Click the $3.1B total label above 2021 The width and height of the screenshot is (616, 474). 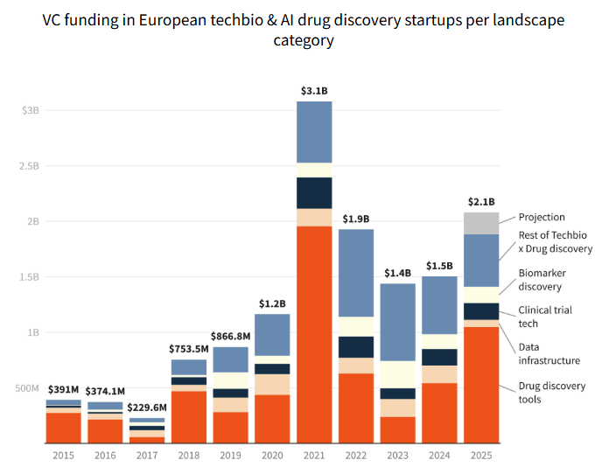(x=314, y=91)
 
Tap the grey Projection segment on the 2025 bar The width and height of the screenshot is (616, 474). (x=481, y=223)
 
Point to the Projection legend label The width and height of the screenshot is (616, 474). (x=542, y=217)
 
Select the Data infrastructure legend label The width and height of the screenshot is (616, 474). (x=549, y=353)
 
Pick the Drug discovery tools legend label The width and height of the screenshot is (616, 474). (x=552, y=393)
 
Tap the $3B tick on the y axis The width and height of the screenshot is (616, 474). (x=30, y=110)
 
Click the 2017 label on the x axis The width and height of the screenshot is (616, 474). (x=146, y=455)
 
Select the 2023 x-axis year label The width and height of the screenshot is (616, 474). (x=397, y=455)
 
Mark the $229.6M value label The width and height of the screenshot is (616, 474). (x=146, y=407)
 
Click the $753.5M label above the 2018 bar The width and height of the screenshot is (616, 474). (x=188, y=349)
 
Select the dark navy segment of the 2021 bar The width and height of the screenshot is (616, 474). (x=314, y=192)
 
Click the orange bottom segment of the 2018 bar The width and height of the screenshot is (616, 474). (x=188, y=416)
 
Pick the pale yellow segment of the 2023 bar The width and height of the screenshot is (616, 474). (x=397, y=374)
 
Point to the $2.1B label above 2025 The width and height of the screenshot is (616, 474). (x=481, y=201)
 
